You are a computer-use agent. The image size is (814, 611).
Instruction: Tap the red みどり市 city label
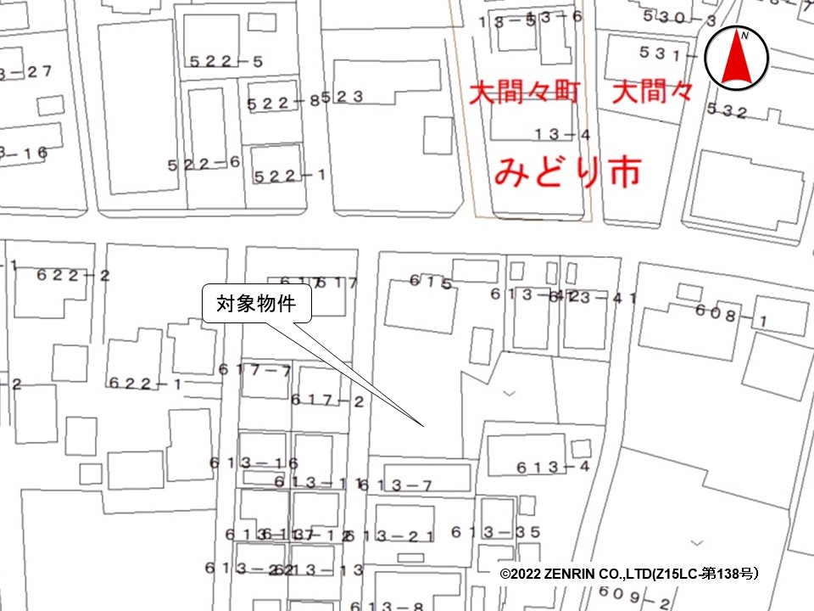click(x=566, y=172)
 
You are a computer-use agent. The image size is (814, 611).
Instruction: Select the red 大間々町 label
click(x=525, y=92)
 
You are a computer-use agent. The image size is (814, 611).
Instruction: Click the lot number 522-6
click(x=204, y=165)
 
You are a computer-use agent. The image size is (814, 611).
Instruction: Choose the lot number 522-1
click(x=291, y=176)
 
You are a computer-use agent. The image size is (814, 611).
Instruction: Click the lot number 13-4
click(x=562, y=133)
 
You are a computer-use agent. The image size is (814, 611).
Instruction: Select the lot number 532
click(x=727, y=109)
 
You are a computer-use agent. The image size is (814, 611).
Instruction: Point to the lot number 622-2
click(x=74, y=275)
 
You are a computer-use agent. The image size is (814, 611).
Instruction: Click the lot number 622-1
click(x=145, y=383)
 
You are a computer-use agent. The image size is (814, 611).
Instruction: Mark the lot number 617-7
click(x=254, y=369)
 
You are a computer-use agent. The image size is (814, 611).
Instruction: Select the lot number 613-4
click(x=552, y=467)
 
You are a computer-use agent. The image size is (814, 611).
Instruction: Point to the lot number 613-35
click(x=495, y=532)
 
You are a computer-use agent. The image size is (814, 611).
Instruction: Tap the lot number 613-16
click(x=254, y=462)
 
